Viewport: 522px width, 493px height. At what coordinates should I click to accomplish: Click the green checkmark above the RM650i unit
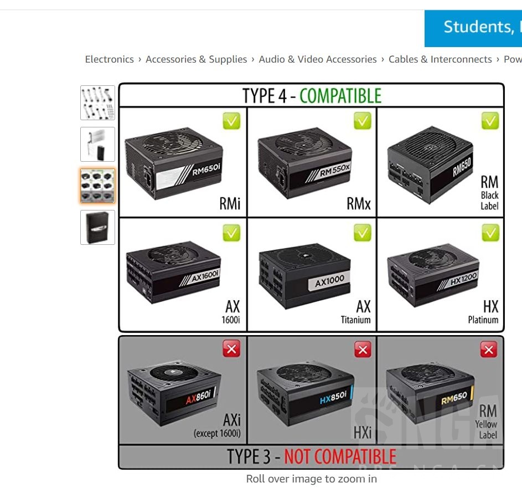click(x=231, y=121)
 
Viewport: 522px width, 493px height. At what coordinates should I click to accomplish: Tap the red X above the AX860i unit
click(x=231, y=349)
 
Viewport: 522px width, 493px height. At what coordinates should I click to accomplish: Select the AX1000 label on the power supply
click(x=329, y=283)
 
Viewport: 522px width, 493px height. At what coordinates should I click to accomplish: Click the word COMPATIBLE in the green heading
click(x=340, y=96)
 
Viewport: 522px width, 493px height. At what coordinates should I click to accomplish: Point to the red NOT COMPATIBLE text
click(x=340, y=457)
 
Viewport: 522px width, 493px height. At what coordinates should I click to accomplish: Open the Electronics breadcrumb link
click(x=109, y=59)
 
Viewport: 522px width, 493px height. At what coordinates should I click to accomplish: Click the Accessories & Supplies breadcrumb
click(x=196, y=59)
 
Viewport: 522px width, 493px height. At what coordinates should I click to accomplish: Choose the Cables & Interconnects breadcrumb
click(x=440, y=59)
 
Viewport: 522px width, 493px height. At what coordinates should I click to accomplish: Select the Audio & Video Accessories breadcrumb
click(x=318, y=59)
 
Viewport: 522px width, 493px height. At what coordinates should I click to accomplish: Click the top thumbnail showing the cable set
click(x=97, y=102)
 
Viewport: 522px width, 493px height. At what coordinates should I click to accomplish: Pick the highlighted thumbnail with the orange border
click(x=97, y=186)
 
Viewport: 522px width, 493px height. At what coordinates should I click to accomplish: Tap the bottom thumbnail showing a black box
click(x=97, y=227)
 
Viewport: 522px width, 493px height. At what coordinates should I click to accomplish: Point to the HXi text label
click(x=363, y=432)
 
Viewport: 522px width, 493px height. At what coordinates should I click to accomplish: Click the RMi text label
click(x=230, y=204)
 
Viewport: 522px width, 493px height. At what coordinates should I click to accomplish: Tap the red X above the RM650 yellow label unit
click(x=488, y=350)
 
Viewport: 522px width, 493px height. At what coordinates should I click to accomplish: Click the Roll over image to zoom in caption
click(x=311, y=479)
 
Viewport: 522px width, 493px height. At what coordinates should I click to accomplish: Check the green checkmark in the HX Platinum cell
click(x=490, y=233)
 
